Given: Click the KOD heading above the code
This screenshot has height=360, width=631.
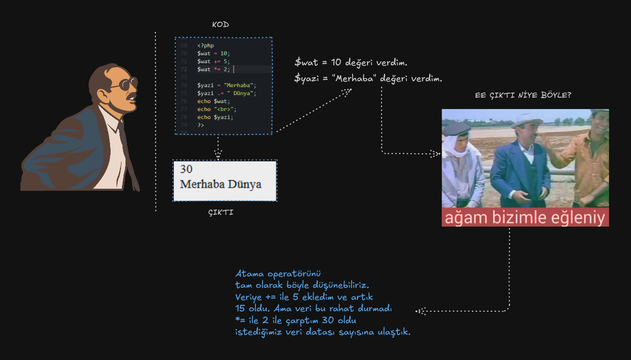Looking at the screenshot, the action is coord(220,24).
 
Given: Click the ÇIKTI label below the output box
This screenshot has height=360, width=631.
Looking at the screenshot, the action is coord(221,213).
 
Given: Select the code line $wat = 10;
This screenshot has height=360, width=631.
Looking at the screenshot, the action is coord(214,53).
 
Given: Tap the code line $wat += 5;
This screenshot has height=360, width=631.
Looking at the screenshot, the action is coord(214,61).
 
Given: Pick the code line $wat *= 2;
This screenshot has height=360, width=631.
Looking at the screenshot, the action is coord(214,69).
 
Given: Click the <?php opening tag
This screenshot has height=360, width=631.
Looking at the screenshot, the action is coord(206,45).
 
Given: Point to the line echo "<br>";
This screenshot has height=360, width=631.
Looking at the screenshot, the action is coord(217,109).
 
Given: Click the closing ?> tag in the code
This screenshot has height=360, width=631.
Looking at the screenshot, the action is coord(201,125).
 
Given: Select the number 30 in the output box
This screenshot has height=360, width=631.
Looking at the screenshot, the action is coord(186,169).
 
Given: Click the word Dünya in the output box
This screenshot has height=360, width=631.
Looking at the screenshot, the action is coord(245,184).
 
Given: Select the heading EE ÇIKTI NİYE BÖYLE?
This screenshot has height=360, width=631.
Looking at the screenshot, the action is coord(523,95).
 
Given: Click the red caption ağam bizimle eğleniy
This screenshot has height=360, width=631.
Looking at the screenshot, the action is coord(525,218).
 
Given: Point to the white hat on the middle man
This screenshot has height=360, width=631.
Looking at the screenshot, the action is coord(527,120).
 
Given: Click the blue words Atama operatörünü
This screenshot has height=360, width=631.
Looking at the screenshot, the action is coord(278,273).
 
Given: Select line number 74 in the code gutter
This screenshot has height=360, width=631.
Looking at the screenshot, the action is coord(184,85).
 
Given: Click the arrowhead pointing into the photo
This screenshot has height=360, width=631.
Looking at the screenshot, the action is coord(435,153).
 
